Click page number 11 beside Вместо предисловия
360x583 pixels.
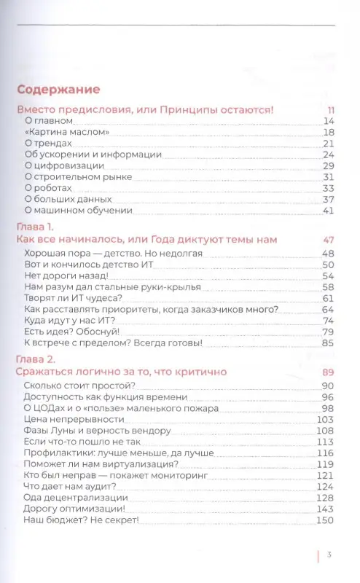pos(330,110)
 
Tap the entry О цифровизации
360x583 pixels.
pos(64,165)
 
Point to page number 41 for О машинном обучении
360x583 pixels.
pos(328,210)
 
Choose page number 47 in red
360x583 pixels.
pos(328,239)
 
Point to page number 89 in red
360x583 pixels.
pos(328,372)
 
